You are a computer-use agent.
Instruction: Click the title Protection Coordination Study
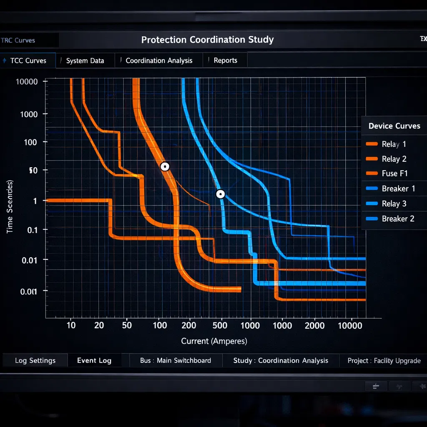[207, 40]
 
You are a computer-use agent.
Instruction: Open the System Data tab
[85, 60]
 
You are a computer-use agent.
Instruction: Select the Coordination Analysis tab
[159, 60]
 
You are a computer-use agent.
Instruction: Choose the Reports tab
[225, 60]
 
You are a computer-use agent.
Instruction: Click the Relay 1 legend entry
[394, 144]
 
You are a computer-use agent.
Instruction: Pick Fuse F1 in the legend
[394, 173]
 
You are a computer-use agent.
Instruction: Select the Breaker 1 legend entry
[398, 188]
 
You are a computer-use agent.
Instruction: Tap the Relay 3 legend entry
[394, 203]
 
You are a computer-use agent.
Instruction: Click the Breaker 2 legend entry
[398, 219]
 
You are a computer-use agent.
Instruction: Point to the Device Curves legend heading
[394, 126]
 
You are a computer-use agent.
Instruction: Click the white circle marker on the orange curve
[165, 167]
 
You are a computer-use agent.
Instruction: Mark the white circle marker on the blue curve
[221, 194]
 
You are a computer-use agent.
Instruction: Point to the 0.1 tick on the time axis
[29, 230]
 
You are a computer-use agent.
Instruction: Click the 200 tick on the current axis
[189, 325]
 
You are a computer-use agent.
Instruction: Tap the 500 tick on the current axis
[220, 325]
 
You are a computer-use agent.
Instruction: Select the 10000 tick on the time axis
[26, 82]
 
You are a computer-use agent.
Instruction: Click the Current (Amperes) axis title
[214, 341]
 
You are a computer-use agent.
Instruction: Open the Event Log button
[94, 361]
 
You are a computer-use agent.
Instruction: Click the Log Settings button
[35, 361]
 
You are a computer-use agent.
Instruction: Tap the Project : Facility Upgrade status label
[384, 361]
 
